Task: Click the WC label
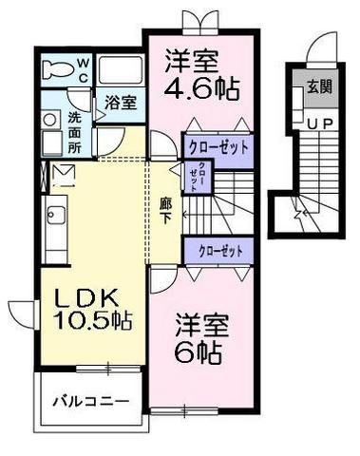point(83,68)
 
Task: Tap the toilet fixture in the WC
point(60,69)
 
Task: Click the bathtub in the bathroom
point(121,69)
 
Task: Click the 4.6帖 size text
point(200,91)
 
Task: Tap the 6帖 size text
point(199,353)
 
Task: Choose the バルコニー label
point(89,401)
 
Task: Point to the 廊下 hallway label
point(165,209)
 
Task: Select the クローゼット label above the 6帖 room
point(219,250)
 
